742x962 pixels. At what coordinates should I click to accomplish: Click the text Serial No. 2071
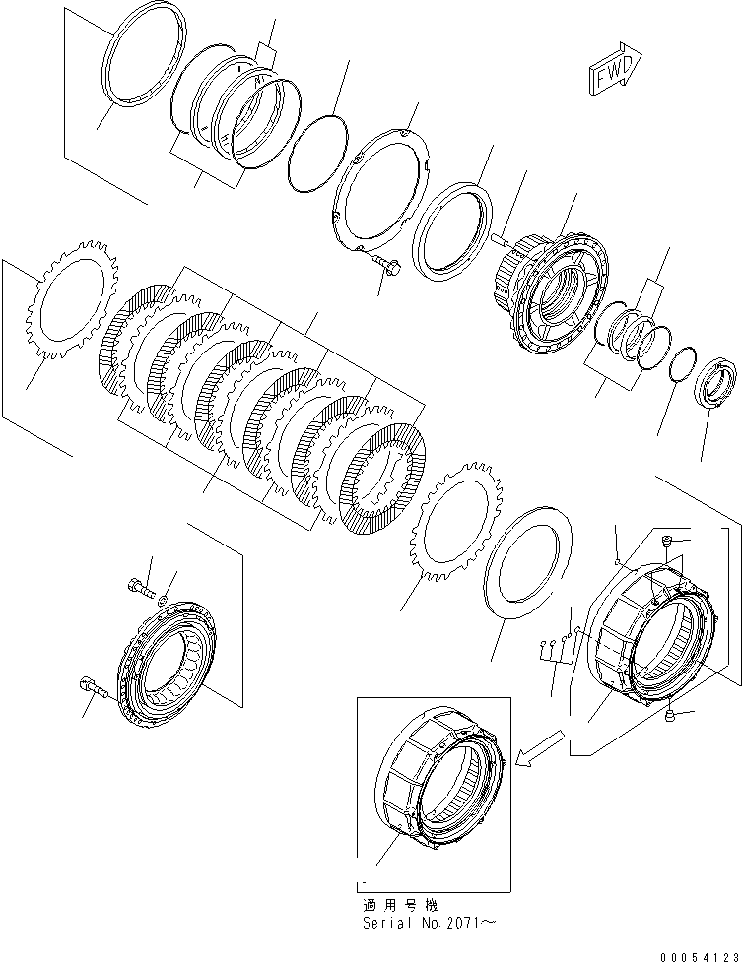point(429,923)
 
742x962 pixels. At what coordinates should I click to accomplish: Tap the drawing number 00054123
point(700,956)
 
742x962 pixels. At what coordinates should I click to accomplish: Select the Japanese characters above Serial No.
point(400,905)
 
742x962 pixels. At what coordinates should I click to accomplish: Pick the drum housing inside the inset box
point(441,781)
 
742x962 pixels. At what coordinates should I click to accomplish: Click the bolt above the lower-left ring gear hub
point(140,586)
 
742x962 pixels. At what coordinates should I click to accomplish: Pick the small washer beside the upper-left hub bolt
point(164,600)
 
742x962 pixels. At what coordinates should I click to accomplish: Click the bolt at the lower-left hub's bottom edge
point(94,685)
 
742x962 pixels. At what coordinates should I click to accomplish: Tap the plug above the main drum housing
point(667,540)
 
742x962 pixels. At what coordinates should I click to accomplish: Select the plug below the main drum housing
point(671,715)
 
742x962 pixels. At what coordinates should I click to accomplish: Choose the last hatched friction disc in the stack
point(382,479)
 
